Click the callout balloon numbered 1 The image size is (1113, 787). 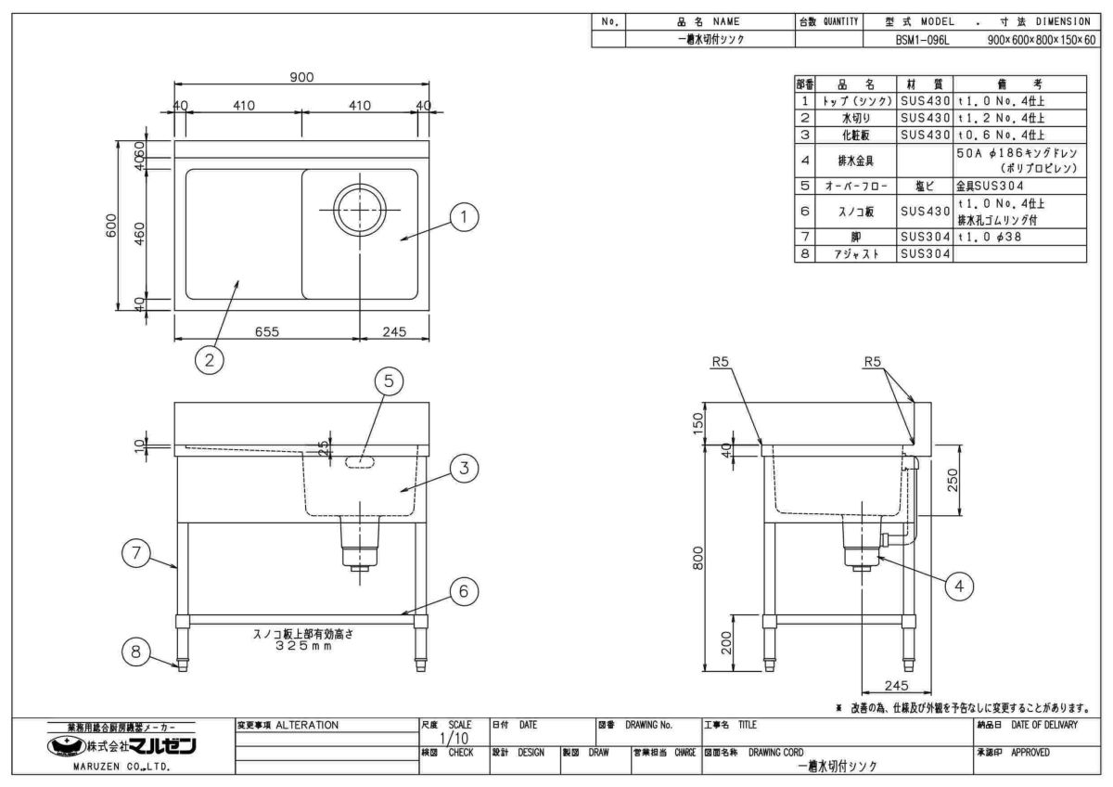(x=464, y=217)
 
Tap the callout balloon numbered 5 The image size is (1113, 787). (x=390, y=381)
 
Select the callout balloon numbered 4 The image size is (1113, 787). (x=960, y=585)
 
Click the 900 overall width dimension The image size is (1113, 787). (x=301, y=78)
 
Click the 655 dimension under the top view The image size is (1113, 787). (x=267, y=330)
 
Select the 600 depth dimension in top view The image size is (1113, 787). (x=111, y=226)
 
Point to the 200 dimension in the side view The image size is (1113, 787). (x=726, y=642)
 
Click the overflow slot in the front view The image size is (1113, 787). (x=360, y=461)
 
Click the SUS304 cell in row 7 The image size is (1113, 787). (x=925, y=237)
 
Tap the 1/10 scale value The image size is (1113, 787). (x=452, y=739)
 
